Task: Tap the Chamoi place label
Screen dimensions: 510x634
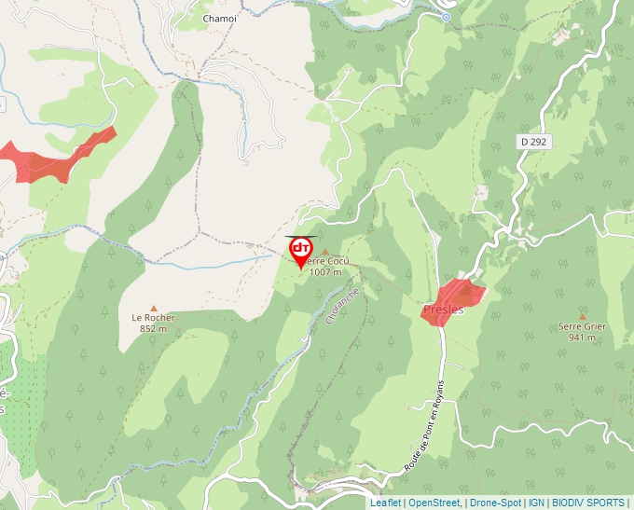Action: tap(220, 18)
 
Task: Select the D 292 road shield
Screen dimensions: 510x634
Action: tap(535, 141)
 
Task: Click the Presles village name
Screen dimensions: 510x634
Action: tap(443, 310)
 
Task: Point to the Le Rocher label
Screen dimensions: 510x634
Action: tap(153, 317)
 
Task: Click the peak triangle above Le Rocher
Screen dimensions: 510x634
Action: tap(154, 308)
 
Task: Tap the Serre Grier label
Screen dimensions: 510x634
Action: tap(583, 326)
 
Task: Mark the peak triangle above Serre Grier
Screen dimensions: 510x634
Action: tap(583, 316)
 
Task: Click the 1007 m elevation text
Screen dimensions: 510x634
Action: tap(326, 272)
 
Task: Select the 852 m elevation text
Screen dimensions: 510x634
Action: tap(153, 328)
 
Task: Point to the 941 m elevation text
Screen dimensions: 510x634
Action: tap(583, 338)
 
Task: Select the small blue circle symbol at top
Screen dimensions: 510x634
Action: tap(446, 17)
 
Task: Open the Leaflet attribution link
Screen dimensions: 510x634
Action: tap(385, 503)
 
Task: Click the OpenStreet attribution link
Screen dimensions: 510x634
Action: tap(434, 503)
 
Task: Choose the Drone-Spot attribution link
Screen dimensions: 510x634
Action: tap(496, 503)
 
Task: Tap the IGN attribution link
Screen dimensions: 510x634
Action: tap(536, 503)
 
